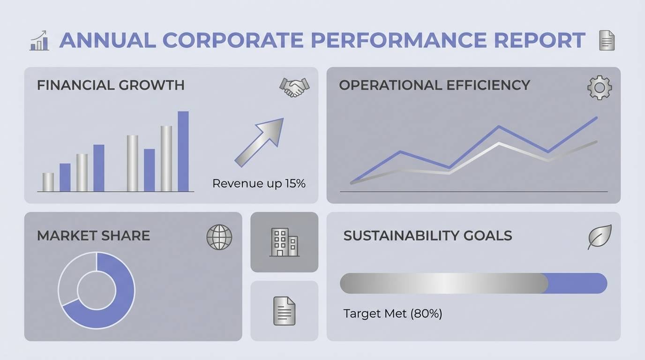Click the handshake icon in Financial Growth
[294, 87]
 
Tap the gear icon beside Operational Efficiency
[599, 88]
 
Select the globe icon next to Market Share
[219, 237]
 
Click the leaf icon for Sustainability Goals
[600, 237]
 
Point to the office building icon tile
[284, 242]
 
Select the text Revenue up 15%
[259, 184]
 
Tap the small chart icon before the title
[39, 41]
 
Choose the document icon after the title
[607, 41]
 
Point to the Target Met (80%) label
[392, 314]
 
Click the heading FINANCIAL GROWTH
[111, 85]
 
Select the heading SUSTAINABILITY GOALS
[427, 235]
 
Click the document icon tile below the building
[284, 311]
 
